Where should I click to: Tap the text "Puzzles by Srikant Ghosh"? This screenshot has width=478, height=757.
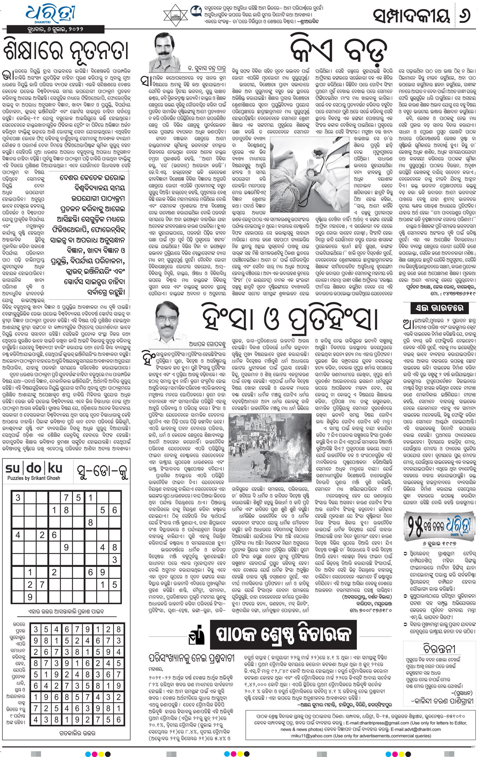pos(34,478)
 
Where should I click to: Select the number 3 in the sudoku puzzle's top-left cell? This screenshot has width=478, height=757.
pos(18,497)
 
